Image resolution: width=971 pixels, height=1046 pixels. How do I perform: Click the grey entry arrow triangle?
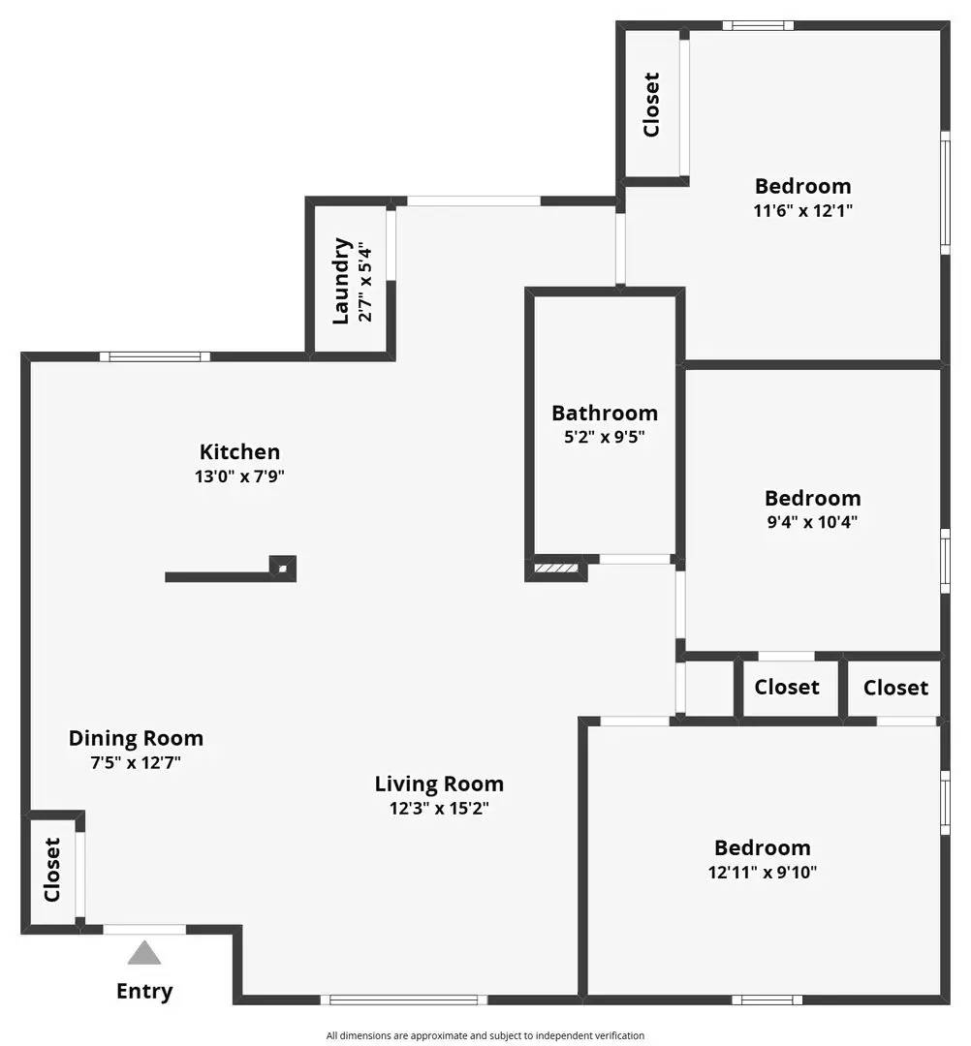pyautogui.click(x=144, y=953)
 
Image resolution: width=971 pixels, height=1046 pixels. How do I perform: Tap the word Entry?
pyautogui.click(x=144, y=991)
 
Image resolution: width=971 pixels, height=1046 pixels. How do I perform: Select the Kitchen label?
pyautogui.click(x=239, y=451)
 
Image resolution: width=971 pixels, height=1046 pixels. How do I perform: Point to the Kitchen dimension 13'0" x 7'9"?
pyautogui.click(x=239, y=477)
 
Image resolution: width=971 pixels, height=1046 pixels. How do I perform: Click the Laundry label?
pyautogui.click(x=340, y=281)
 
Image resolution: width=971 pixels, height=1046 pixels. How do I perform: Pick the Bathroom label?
pyautogui.click(x=605, y=413)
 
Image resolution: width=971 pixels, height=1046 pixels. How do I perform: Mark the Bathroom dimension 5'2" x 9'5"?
pyautogui.click(x=605, y=437)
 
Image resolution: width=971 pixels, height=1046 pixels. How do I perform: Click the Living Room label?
pyautogui.click(x=439, y=784)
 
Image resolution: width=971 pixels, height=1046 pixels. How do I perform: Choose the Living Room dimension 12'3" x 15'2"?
pyautogui.click(x=439, y=809)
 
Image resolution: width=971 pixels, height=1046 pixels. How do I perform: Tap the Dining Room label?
pyautogui.click(x=136, y=738)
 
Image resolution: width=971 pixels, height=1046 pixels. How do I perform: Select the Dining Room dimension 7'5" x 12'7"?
pyautogui.click(x=136, y=763)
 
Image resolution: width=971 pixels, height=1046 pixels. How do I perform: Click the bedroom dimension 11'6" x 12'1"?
pyautogui.click(x=802, y=210)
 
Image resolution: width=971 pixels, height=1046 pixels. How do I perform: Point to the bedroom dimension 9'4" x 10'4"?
pyautogui.click(x=812, y=523)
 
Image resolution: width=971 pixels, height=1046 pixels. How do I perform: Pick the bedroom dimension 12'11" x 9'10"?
pyautogui.click(x=763, y=872)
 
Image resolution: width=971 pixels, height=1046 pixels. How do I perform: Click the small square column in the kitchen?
pyautogui.click(x=282, y=567)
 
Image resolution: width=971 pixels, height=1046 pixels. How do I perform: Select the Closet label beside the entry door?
pyautogui.click(x=52, y=869)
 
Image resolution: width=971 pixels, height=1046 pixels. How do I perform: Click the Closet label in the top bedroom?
pyautogui.click(x=651, y=105)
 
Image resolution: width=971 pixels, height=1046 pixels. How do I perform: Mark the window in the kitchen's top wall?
pyautogui.click(x=155, y=356)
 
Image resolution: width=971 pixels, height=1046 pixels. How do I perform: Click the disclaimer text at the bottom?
pyautogui.click(x=485, y=1035)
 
